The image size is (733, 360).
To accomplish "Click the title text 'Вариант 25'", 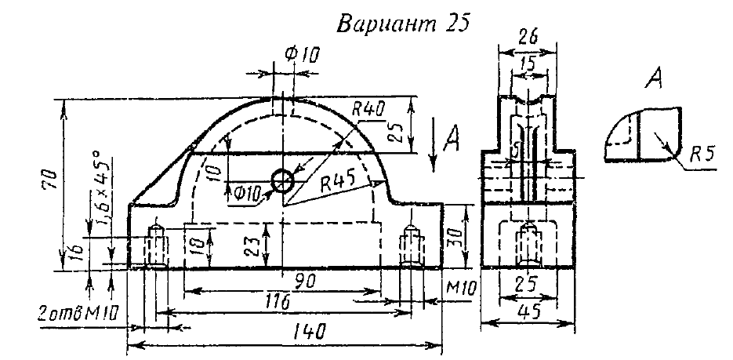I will click(402, 23).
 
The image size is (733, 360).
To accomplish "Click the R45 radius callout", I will click(339, 182).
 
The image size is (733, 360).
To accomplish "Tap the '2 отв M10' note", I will click(73, 314).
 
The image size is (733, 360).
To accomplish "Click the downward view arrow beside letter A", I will click(434, 146).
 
